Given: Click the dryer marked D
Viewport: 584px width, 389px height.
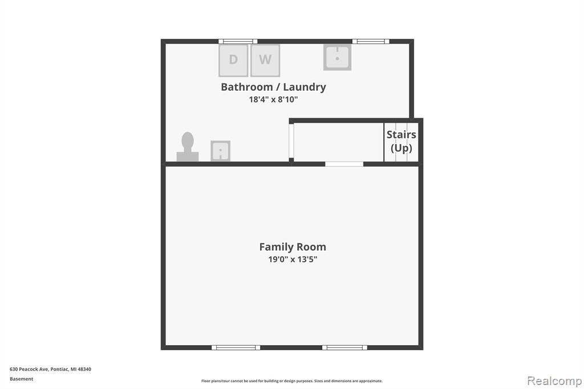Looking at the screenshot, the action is coord(233,60).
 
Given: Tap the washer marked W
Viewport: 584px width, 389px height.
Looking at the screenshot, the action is coord(265,60).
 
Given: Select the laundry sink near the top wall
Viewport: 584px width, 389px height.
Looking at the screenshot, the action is coord(338,58).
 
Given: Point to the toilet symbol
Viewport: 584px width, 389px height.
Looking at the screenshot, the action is coord(188,147).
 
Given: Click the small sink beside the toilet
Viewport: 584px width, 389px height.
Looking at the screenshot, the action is coord(221,151).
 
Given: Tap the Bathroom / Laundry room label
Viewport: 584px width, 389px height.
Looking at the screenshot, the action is coord(273,87).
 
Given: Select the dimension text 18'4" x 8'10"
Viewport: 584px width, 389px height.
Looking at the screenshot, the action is coord(273,99).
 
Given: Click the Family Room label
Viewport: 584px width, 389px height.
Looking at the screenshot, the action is coord(293,246).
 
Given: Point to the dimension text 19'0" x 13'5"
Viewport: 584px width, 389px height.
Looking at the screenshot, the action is coord(293,260).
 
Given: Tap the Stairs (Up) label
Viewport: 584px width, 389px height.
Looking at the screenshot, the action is coord(401,141).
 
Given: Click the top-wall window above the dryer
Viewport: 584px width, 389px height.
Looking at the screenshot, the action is coord(238,42).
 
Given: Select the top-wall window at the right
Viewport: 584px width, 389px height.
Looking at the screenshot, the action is coord(371,42).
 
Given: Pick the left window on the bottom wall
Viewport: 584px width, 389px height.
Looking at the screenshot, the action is coord(236,347).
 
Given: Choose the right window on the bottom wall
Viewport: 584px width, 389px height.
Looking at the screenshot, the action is coord(344,347).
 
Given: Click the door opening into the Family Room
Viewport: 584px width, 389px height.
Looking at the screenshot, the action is coord(344,164).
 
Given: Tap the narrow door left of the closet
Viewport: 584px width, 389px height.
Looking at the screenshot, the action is coord(291,141).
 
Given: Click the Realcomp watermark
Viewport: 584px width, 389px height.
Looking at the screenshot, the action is coord(554,381).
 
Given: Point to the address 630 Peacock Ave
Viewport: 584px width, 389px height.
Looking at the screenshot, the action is coord(29,369).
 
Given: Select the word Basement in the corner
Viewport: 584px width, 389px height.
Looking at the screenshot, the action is coord(21,379).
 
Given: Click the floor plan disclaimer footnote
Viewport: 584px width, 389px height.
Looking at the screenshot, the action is coord(292,381).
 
